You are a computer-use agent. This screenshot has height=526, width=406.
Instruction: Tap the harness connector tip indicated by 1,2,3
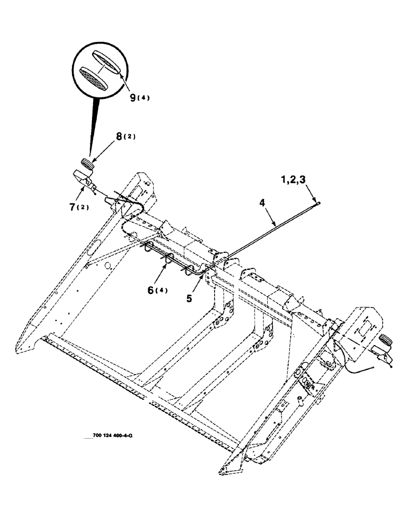click(319, 201)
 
